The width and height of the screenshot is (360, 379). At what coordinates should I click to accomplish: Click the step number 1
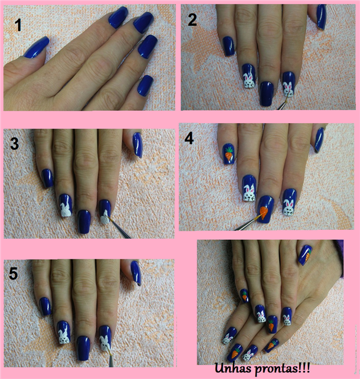coord(18,25)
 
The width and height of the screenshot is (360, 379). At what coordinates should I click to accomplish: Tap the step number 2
coord(192,19)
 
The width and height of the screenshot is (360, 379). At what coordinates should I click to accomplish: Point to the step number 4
coord(189,139)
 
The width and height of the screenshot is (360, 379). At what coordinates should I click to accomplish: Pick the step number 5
coord(14,274)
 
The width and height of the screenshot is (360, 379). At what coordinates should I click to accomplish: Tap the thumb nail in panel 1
coord(36,47)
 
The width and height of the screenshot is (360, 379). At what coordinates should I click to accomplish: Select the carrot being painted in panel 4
coord(263,212)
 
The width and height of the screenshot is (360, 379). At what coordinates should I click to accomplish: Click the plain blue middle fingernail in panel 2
coord(267,94)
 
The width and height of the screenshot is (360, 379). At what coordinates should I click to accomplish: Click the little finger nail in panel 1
coord(145,85)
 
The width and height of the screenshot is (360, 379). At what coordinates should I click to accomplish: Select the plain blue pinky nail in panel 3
coord(48,179)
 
